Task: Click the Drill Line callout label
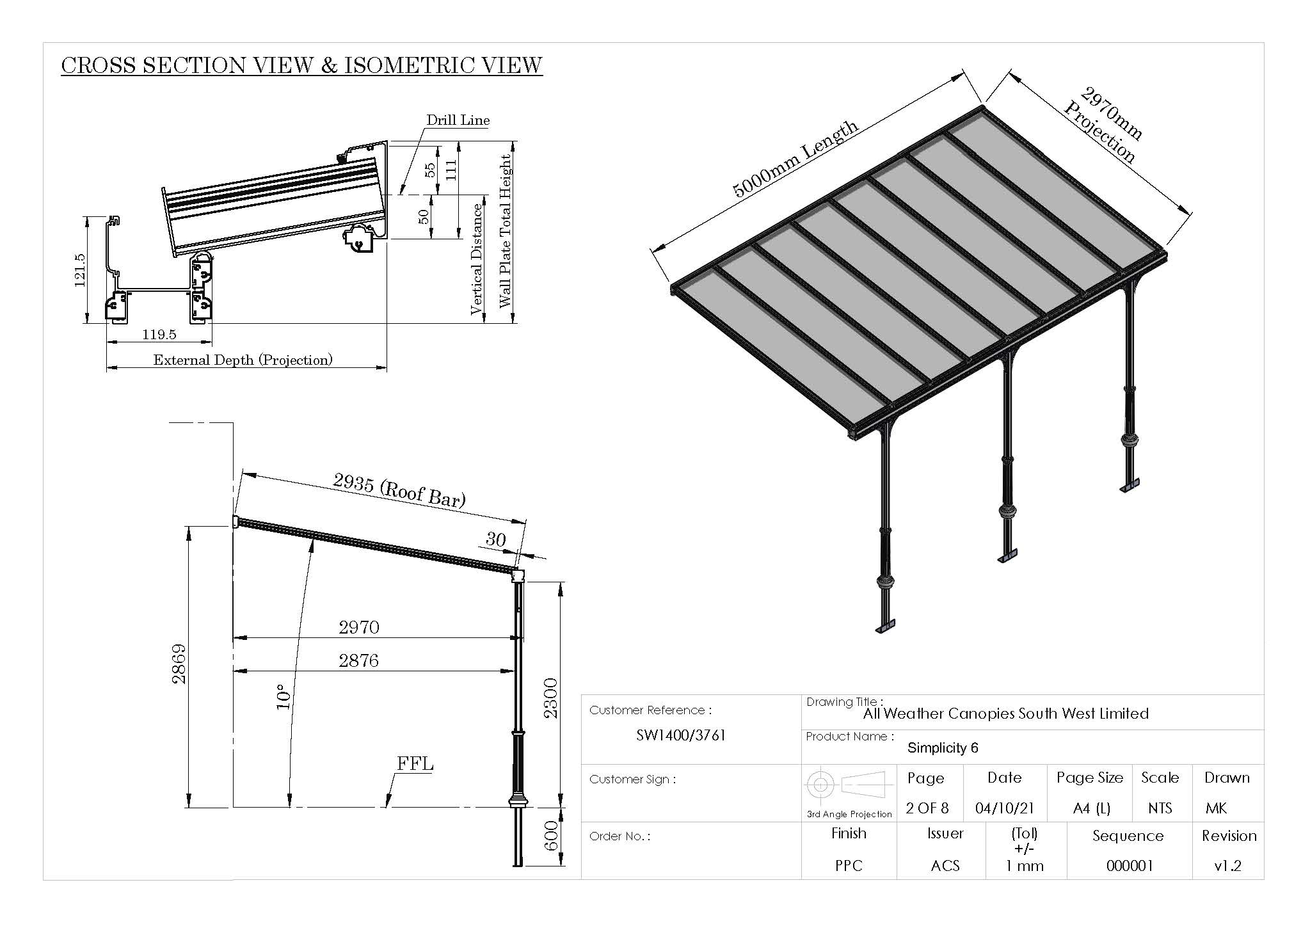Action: pos(458,120)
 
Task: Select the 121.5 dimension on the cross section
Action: pos(80,270)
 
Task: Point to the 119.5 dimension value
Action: pos(159,335)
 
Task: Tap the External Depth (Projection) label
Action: pos(243,360)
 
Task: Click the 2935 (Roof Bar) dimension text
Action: pos(399,491)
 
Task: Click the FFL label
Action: pos(415,764)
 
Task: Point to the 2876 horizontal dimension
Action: pos(358,660)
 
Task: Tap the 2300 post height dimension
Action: pos(551,698)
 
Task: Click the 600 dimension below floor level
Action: pos(551,836)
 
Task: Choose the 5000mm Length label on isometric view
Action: pos(795,159)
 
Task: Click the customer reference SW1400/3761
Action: pos(681,735)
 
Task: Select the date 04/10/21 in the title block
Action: pos(1004,808)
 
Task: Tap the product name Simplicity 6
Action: pos(943,748)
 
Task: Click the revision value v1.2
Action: pos(1227,866)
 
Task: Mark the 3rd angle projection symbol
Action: pos(849,785)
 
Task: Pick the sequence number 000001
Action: pos(1130,866)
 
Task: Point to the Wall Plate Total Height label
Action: pos(506,230)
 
